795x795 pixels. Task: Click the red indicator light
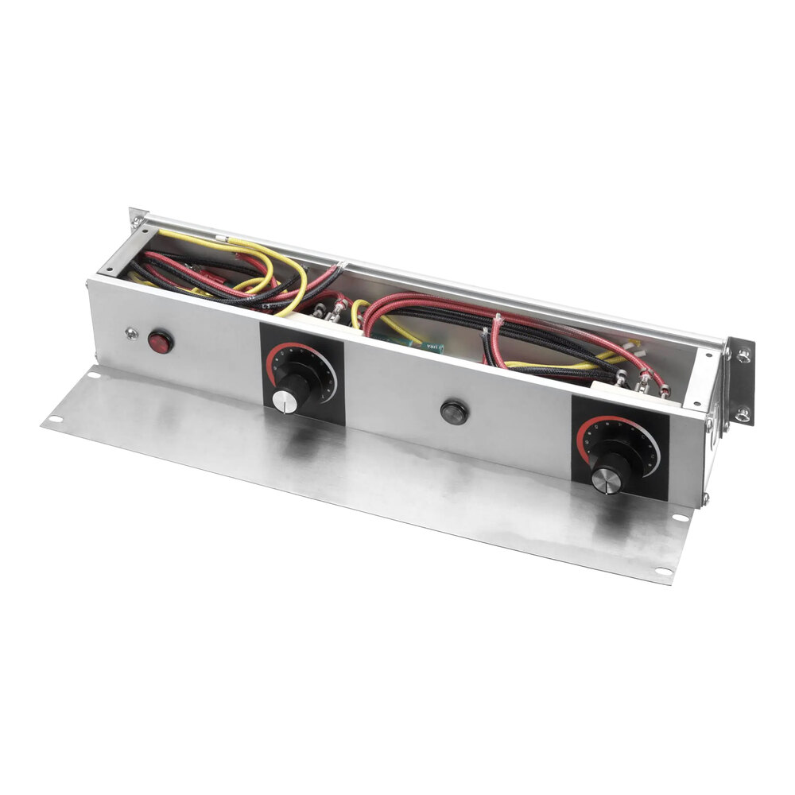[x=161, y=343]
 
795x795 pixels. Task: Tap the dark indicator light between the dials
[x=453, y=413]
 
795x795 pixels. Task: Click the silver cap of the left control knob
[x=284, y=401]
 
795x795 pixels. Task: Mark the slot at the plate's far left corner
[x=53, y=420]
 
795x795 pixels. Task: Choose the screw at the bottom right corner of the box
[x=704, y=498]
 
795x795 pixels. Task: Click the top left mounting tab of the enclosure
[x=137, y=215]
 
